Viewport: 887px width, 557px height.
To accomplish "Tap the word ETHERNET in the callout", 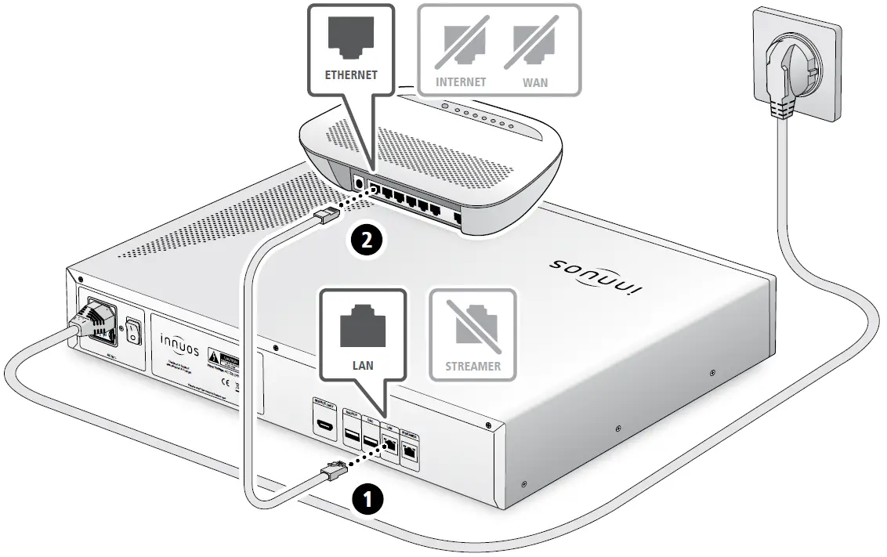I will click(x=351, y=76).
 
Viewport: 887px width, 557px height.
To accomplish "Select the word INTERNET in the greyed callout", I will click(x=461, y=81).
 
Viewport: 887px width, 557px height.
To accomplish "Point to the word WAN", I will click(x=535, y=81).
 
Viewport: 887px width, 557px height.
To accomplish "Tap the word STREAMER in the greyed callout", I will click(x=472, y=365).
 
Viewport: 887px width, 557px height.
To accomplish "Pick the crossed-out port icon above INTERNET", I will click(x=462, y=44).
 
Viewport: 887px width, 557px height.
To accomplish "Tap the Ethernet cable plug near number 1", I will click(x=334, y=470).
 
